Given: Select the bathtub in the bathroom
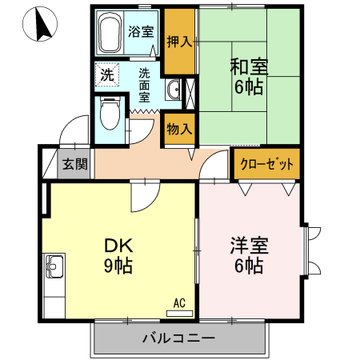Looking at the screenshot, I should coord(110,33).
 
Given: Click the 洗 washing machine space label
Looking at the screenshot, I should coord(106,76).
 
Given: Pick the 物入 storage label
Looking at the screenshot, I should coord(179,128).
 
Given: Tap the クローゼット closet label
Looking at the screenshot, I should coord(266,165).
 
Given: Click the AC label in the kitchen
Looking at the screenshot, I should coord(179,303).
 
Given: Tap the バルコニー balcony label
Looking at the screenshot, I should coord(179,338).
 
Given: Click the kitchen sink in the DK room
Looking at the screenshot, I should coord(54,265).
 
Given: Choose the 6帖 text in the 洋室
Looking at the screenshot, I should coord(249,266).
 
